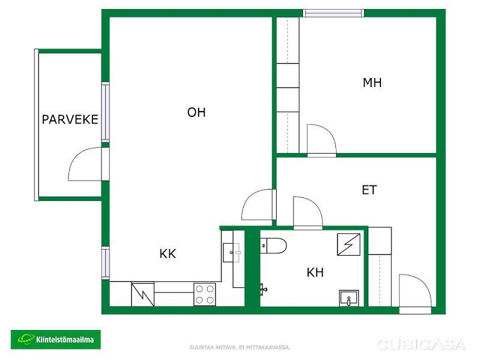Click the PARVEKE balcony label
pyautogui.click(x=70, y=119)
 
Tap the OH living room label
pyautogui.click(x=196, y=112)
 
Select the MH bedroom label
pyautogui.click(x=372, y=83)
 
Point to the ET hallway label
pyautogui.click(x=369, y=190)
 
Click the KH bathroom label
pyautogui.click(x=315, y=272)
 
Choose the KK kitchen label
pyautogui.click(x=168, y=253)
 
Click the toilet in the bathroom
pyautogui.click(x=274, y=245)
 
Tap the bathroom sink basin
pyautogui.click(x=349, y=298)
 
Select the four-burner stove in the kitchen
pyautogui.click(x=205, y=294)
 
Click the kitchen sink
pyautogui.click(x=232, y=253)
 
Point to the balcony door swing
pyautogui.click(x=85, y=164)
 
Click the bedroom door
pyautogui.click(x=322, y=140)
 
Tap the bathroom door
pyautogui.click(x=308, y=212)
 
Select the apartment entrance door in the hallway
pyautogui.click(x=415, y=293)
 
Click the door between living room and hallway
pyautogui.click(x=258, y=205)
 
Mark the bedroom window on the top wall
pyautogui.click(x=334, y=13)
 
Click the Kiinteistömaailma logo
pyautogui.click(x=56, y=340)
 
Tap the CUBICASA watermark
pyautogui.click(x=422, y=344)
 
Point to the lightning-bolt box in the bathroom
pyautogui.click(x=349, y=244)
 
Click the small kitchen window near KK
pyautogui.click(x=106, y=263)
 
